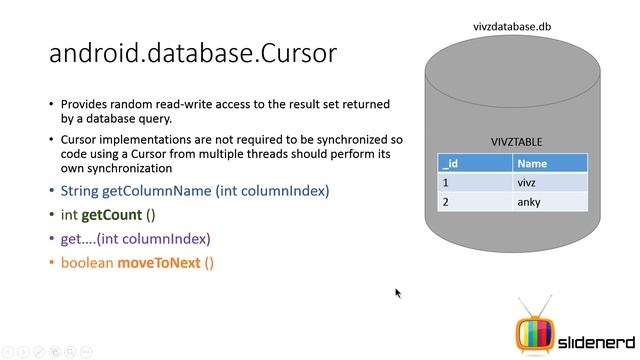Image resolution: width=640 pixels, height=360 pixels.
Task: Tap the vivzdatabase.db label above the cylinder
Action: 512,27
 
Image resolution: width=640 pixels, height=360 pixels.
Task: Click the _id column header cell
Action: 475,164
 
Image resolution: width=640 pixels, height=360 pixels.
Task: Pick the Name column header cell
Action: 549,164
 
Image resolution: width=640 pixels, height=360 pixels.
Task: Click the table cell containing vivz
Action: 549,183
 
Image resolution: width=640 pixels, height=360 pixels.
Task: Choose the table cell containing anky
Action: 549,202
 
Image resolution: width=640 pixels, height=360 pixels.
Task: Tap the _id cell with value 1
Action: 475,183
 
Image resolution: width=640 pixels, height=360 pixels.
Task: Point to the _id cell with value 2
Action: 475,202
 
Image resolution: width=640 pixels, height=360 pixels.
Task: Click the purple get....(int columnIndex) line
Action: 135,239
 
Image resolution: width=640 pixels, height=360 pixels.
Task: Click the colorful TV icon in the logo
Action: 533,330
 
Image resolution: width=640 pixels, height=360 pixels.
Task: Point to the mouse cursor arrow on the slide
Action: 398,293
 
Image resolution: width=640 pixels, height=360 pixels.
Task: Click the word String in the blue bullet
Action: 79,190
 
